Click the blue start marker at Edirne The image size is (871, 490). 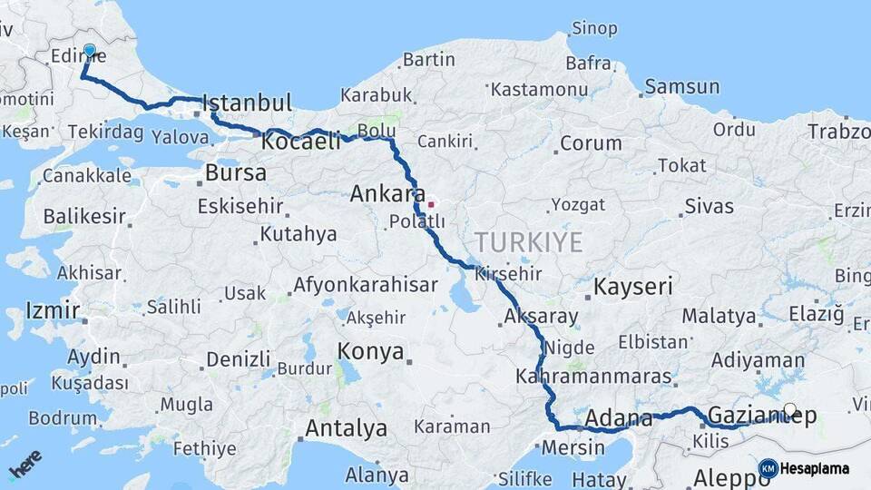pos(89,51)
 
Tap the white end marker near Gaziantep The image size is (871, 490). pos(790,410)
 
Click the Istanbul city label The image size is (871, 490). pos(247,103)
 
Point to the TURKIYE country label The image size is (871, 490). pos(527,242)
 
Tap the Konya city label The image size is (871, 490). pos(370,351)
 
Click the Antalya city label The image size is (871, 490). pos(346,428)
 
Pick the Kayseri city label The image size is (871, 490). pos(633,288)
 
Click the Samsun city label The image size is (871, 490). pos(682,87)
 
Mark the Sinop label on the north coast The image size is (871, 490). pos(594,28)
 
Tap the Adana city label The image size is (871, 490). pos(619,419)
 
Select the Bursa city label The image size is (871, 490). pos(235,172)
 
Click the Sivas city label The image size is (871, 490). pos(709,206)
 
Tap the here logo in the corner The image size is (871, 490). pos(24,465)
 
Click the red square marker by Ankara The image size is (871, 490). pos(431,204)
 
